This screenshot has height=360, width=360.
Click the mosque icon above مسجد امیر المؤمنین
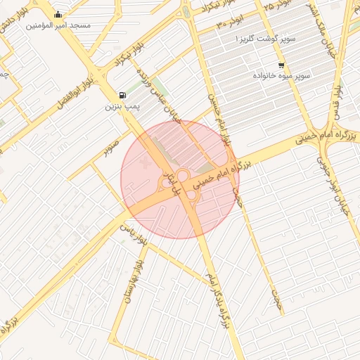[x=58, y=14]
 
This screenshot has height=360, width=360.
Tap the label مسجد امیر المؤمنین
[x=58, y=25]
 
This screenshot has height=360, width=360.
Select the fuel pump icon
[x=124, y=95]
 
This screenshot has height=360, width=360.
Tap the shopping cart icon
[x=281, y=65]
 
